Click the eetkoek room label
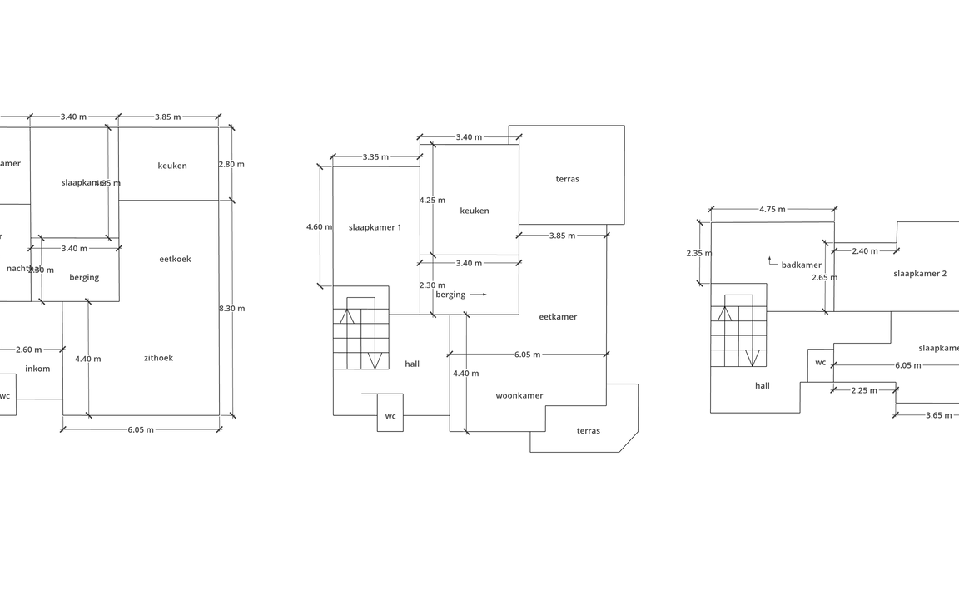click(x=175, y=259)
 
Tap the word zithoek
click(x=158, y=358)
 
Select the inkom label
click(x=37, y=369)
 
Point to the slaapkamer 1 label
click(x=375, y=227)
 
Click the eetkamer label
click(x=558, y=317)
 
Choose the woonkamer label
click(x=519, y=396)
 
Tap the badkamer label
click(x=801, y=265)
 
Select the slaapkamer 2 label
click(x=920, y=274)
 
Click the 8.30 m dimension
click(x=231, y=309)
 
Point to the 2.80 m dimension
click(x=231, y=165)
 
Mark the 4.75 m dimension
click(x=772, y=210)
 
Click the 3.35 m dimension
click(x=375, y=157)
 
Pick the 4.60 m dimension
click(x=319, y=227)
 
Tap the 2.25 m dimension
click(x=864, y=390)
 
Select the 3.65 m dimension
click(x=938, y=415)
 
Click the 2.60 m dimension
click(x=28, y=350)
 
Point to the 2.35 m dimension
click(x=699, y=254)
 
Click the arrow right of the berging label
click(x=478, y=295)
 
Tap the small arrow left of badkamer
click(x=771, y=261)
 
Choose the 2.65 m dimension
click(x=824, y=278)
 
